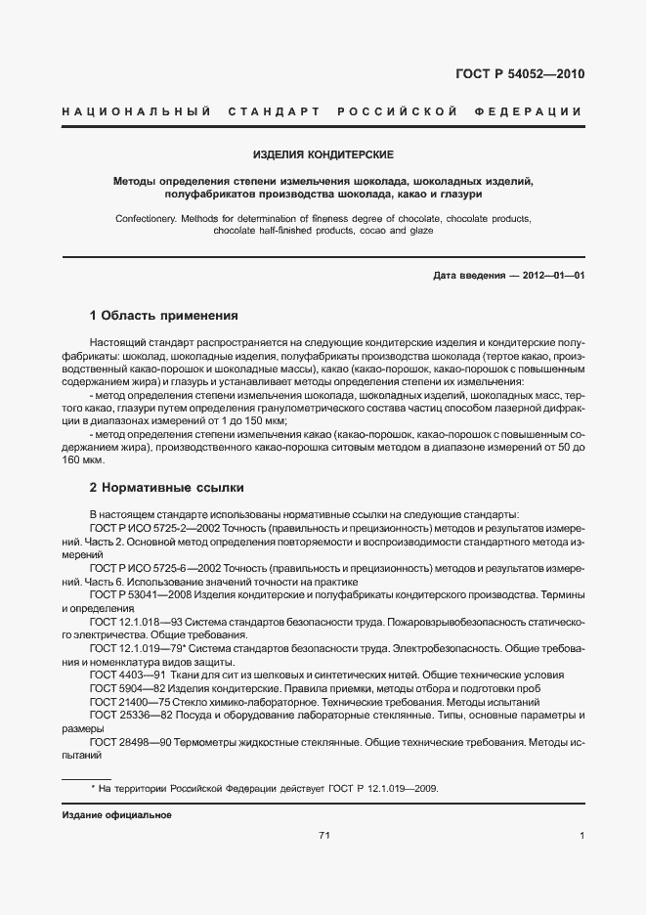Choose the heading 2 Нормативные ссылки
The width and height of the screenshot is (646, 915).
pos(166,487)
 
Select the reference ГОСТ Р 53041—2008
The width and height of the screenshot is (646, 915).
pos(136,594)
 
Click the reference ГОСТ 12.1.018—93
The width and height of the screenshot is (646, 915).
pos(133,622)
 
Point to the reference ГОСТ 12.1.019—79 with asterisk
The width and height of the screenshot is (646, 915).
pos(135,648)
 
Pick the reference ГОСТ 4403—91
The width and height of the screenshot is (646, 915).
pos(123,675)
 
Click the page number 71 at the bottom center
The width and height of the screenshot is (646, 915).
pos(324,835)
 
